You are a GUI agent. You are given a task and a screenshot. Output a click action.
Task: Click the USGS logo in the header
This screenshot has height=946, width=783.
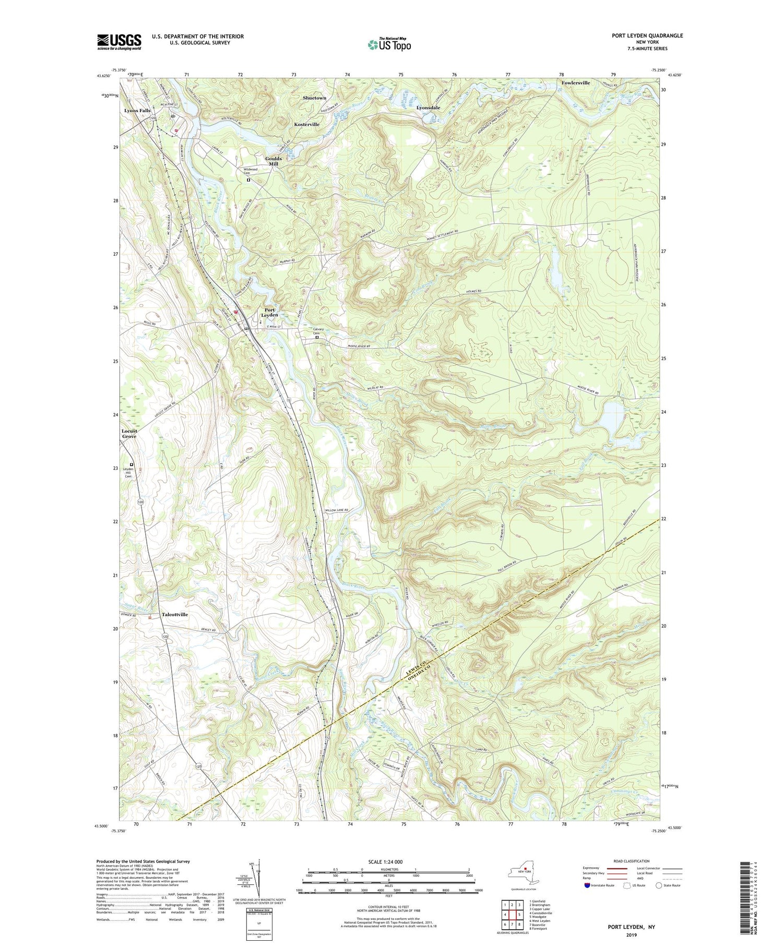point(119,42)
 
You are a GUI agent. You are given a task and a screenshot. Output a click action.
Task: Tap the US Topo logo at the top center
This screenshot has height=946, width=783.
point(389,44)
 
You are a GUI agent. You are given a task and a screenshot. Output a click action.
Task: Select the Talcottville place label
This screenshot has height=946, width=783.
point(174,614)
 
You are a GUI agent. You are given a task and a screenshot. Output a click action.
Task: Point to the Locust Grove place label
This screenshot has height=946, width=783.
point(129,434)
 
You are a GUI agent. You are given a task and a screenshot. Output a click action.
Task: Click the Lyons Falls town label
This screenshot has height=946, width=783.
point(137,111)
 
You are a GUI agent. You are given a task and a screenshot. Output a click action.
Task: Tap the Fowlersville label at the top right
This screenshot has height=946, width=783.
point(575,83)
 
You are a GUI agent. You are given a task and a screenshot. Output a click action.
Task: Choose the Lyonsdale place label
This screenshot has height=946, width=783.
point(428,107)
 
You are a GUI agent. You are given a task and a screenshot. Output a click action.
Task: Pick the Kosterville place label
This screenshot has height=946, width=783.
point(306,124)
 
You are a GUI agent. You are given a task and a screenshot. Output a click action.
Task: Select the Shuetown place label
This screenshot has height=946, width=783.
point(314,98)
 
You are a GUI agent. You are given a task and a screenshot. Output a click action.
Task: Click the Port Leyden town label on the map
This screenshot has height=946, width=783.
point(269,313)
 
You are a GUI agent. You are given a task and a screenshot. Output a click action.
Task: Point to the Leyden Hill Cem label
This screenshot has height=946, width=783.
point(128,473)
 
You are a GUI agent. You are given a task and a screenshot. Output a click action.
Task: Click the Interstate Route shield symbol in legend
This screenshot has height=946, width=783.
point(587,885)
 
